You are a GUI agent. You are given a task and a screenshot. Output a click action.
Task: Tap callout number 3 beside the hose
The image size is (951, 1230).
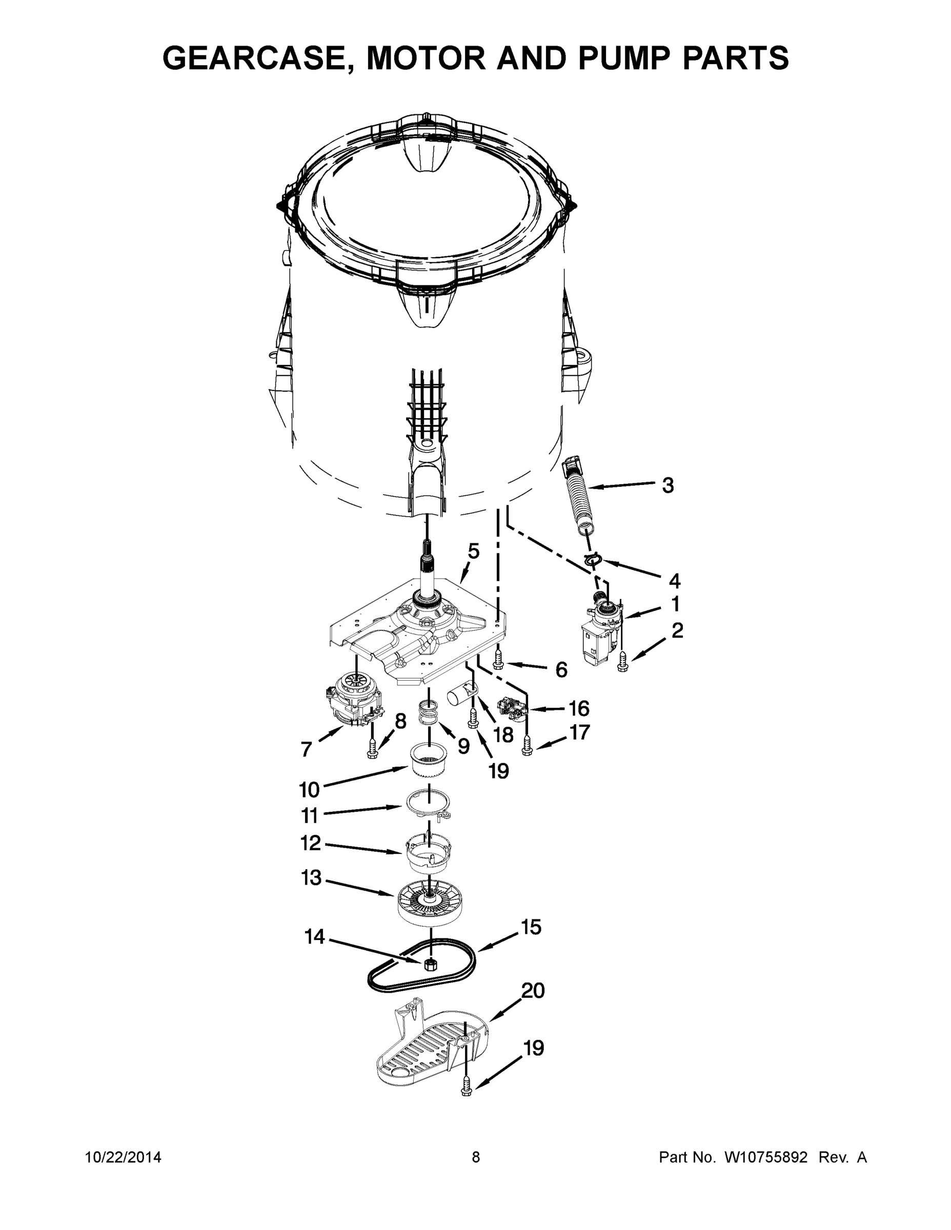(667, 485)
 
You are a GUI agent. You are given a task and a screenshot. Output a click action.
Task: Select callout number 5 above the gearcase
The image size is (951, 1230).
(473, 551)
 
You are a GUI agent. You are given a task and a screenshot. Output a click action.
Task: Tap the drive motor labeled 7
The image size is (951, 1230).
(349, 702)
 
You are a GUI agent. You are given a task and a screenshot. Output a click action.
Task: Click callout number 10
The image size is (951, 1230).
(309, 790)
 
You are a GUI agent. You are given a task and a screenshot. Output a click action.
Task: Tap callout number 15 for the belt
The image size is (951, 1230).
(531, 927)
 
